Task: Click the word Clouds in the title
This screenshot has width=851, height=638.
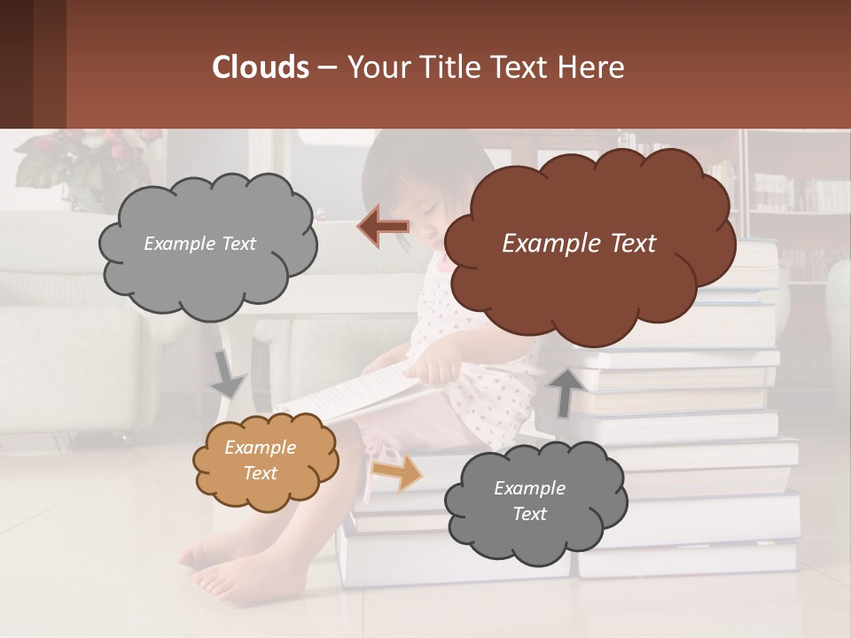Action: (261, 67)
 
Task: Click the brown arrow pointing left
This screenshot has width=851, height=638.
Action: (383, 227)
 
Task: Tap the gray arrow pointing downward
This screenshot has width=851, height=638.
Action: (227, 376)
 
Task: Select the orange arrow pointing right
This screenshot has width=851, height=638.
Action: (395, 472)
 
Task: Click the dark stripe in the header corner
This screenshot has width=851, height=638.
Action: (16, 64)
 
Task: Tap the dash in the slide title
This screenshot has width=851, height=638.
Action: (326, 68)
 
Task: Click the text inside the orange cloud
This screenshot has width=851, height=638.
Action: (260, 460)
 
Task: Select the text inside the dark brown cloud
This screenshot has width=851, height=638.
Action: (579, 244)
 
